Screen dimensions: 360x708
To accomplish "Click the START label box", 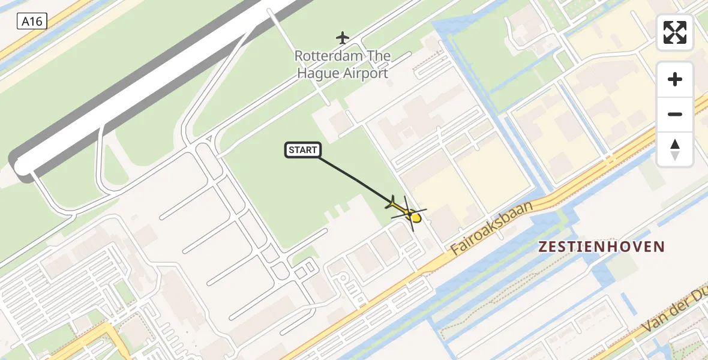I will coord(303,150).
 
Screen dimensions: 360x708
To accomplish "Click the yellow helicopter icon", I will coord(408,211).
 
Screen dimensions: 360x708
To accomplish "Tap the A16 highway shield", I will coord(31,22).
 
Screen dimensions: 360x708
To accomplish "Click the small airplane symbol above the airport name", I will coord(343,38).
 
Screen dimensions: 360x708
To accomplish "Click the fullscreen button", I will coord(675,32).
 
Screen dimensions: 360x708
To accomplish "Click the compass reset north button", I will coord(675,149).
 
